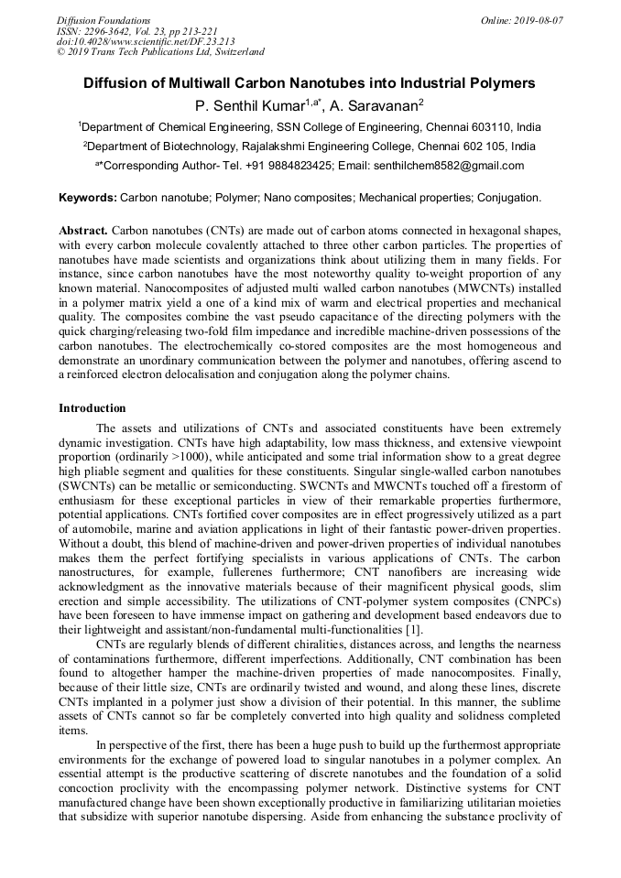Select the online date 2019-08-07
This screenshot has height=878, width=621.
pyautogui.click(x=534, y=20)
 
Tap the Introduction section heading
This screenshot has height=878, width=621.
pyautogui.click(x=93, y=407)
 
